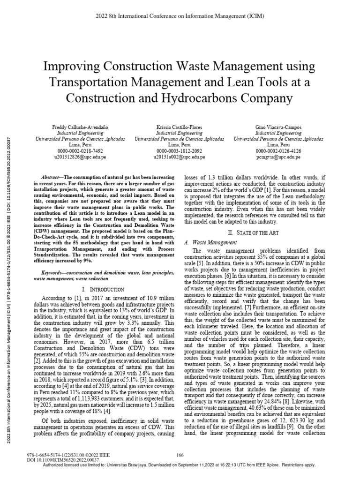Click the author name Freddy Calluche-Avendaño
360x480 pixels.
click(80, 128)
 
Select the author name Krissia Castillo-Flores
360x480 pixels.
click(179, 128)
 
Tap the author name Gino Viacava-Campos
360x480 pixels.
click(278, 128)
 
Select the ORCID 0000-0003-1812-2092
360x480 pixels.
click(179, 151)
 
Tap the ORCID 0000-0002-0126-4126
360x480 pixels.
click(278, 151)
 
